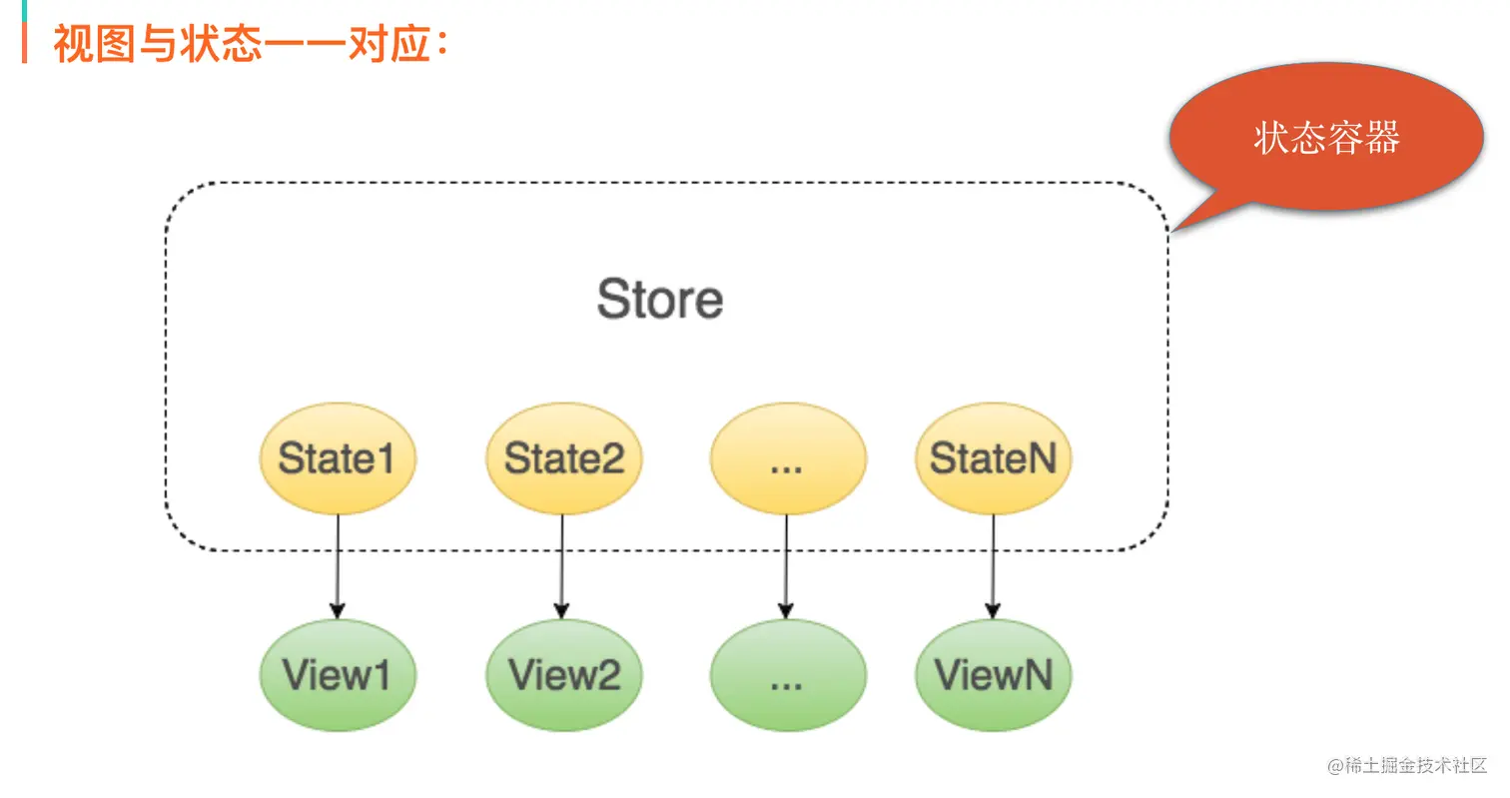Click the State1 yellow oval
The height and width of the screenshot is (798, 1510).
(x=337, y=459)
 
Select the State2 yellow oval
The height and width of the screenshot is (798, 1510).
(x=563, y=459)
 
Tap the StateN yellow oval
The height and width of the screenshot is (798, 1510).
(x=993, y=459)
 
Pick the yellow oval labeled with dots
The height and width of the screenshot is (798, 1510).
(x=787, y=459)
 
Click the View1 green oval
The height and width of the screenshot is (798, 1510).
(x=337, y=674)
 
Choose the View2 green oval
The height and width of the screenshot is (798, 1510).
(x=563, y=674)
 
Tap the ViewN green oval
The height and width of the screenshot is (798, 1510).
(x=993, y=674)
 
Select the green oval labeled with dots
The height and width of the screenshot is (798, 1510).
(x=787, y=674)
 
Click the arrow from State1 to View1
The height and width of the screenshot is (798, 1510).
(x=337, y=564)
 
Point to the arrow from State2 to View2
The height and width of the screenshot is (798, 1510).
(x=561, y=564)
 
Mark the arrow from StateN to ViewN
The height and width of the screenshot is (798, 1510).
(x=992, y=564)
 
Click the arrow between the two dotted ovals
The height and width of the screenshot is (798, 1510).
(x=786, y=564)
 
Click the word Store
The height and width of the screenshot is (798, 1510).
(x=659, y=299)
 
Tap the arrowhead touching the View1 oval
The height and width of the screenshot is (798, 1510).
(x=337, y=610)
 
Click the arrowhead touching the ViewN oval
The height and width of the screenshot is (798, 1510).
(x=992, y=610)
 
